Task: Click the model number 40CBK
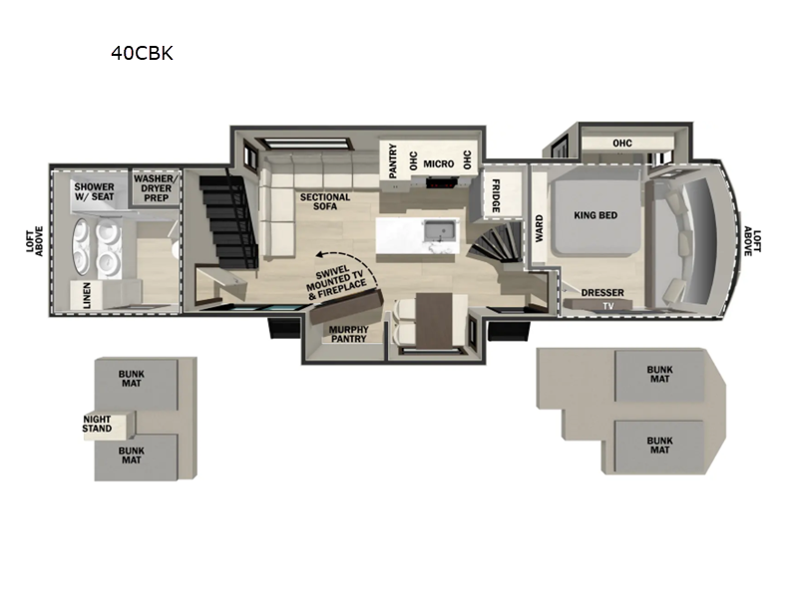click(x=142, y=54)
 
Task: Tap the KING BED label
click(x=597, y=214)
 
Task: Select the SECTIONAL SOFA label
click(x=325, y=203)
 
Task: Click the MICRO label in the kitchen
click(x=438, y=163)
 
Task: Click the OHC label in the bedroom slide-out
click(x=621, y=143)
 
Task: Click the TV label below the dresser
click(x=604, y=305)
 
